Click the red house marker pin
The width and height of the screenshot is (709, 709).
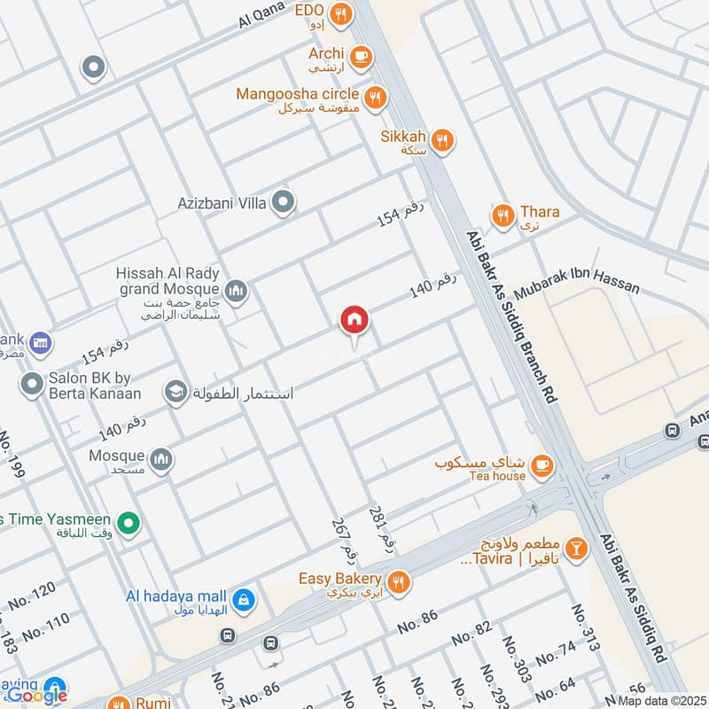click(x=354, y=321)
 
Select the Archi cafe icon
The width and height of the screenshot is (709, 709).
click(x=361, y=57)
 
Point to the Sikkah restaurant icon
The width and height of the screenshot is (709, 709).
click(x=442, y=139)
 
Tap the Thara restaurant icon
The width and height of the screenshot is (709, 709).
click(x=503, y=215)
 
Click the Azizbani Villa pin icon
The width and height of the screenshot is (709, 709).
click(x=283, y=203)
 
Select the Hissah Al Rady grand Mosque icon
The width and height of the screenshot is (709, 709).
click(x=236, y=290)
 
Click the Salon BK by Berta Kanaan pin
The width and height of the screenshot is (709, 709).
click(x=33, y=384)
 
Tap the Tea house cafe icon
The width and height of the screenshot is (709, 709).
click(x=542, y=464)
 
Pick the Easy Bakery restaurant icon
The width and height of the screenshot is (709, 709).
click(x=400, y=580)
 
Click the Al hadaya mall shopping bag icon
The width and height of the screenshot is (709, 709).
click(x=244, y=600)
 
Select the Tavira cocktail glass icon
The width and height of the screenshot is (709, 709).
click(x=577, y=549)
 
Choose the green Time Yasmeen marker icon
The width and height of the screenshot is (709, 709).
click(x=129, y=524)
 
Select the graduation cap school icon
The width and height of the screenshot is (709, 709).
click(x=176, y=391)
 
